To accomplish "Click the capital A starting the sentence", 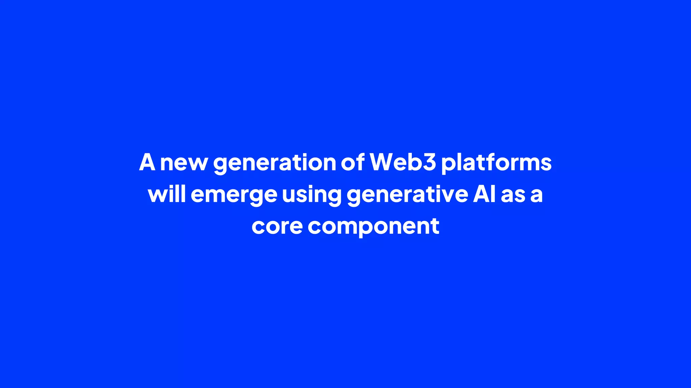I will (x=147, y=162).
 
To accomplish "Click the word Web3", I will (x=403, y=162).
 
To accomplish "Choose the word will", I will (x=167, y=194).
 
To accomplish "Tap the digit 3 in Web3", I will (x=429, y=162).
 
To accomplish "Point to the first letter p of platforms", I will (x=448, y=164).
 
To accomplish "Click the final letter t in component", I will (x=435, y=226).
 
